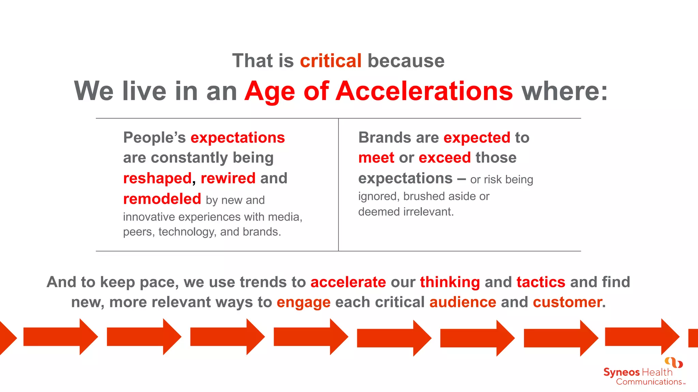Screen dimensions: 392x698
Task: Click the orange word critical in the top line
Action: pyautogui.click(x=330, y=61)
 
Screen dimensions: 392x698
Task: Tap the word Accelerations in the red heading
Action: pyautogui.click(x=424, y=91)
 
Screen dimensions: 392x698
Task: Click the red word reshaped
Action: pyautogui.click(x=157, y=178)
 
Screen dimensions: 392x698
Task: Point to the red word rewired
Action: pyautogui.click(x=228, y=178)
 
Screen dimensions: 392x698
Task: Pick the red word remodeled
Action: pyautogui.click(x=162, y=199)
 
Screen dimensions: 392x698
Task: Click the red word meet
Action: pyautogui.click(x=376, y=158)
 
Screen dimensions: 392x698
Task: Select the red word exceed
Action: pyautogui.click(x=444, y=158)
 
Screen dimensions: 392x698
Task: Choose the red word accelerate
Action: pyautogui.click(x=348, y=282)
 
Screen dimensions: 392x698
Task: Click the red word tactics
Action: pyautogui.click(x=541, y=282)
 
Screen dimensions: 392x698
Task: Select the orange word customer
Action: pyautogui.click(x=567, y=302)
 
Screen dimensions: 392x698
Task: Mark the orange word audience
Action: pyautogui.click(x=462, y=302)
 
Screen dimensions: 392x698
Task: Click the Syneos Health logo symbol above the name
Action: pyautogui.click(x=673, y=362)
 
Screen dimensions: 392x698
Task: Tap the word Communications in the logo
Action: pyautogui.click(x=649, y=382)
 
